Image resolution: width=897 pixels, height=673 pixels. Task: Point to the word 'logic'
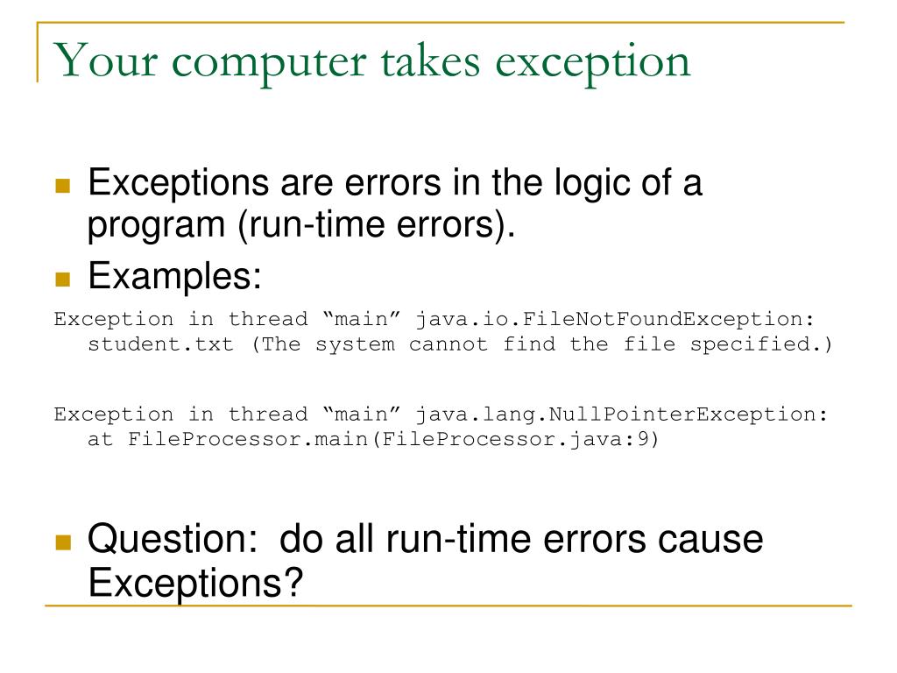click(x=597, y=184)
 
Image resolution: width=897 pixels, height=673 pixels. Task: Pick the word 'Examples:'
click(x=175, y=278)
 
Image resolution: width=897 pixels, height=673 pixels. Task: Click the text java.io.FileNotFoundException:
click(x=620, y=319)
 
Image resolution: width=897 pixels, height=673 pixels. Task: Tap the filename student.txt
click(x=160, y=344)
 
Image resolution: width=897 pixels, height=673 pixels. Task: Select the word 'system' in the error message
click(x=355, y=344)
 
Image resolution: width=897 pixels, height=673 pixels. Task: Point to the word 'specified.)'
click(x=762, y=344)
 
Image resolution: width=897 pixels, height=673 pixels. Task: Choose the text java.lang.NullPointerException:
click(x=620, y=414)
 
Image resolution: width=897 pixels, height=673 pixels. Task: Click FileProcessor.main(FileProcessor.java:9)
click(x=393, y=439)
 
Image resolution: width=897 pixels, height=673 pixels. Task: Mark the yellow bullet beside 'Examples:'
click(x=62, y=280)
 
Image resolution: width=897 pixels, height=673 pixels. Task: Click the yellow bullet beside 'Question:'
click(x=62, y=542)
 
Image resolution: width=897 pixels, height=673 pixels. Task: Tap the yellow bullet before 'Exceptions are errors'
click(x=62, y=186)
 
